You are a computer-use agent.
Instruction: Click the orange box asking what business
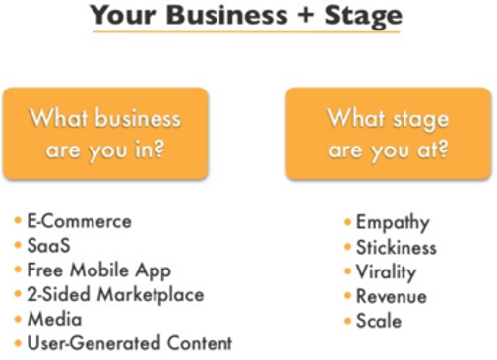[x=105, y=134]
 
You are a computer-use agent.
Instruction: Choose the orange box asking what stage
[x=388, y=134]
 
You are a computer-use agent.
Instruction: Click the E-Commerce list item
[x=78, y=222]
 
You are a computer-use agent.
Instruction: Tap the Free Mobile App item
[x=98, y=270]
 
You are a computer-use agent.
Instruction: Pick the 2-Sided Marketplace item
[x=115, y=295]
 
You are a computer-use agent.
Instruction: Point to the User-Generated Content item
[x=129, y=343]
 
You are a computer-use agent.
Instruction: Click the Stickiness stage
[x=396, y=248]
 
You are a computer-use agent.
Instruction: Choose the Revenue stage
[x=391, y=296]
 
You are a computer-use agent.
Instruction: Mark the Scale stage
[x=379, y=321]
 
